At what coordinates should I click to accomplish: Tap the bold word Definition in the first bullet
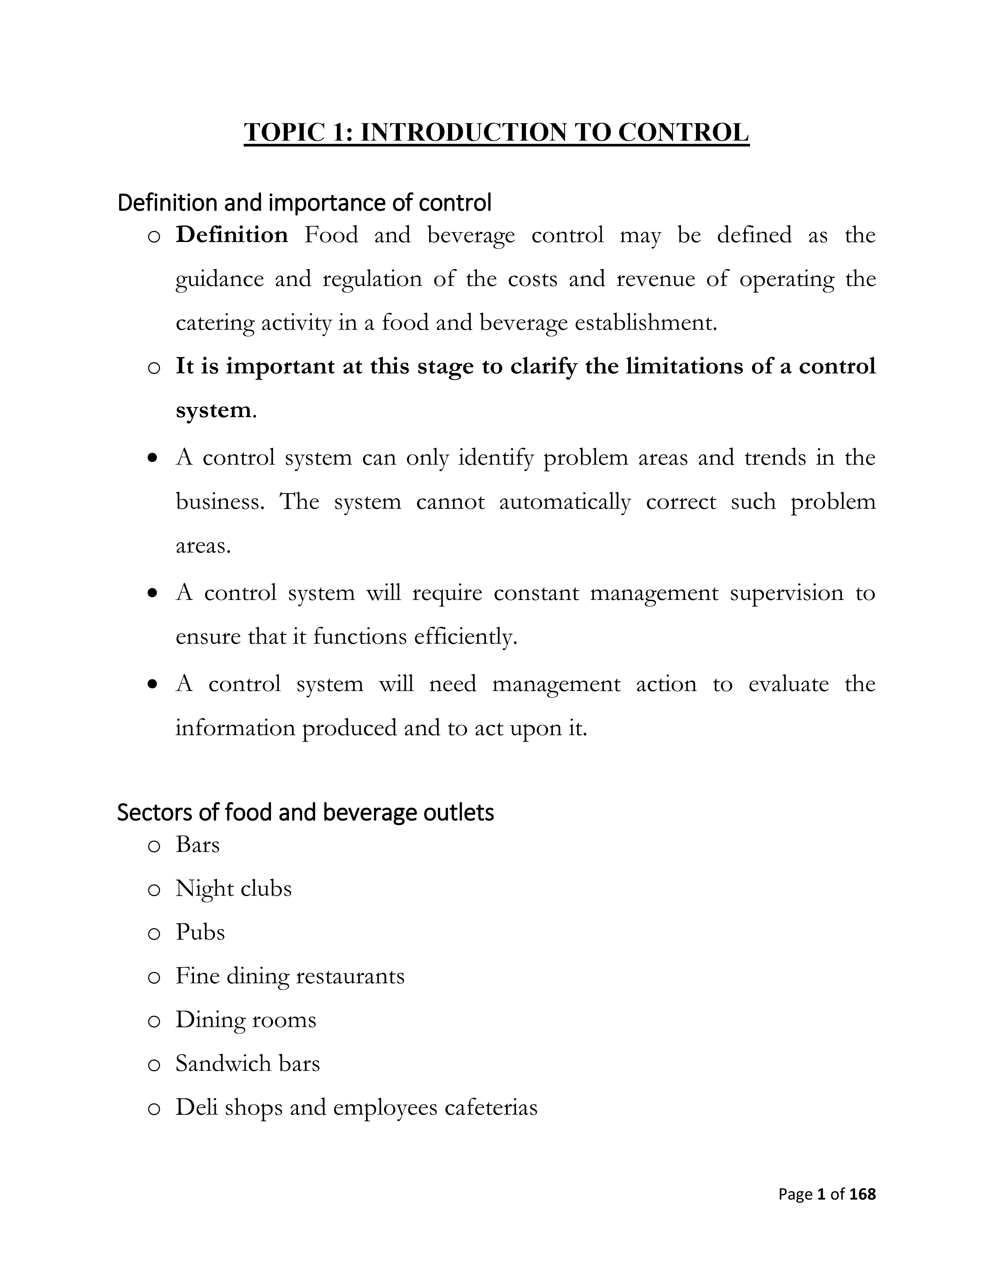[x=232, y=235]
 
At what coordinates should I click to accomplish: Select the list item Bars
[x=198, y=845]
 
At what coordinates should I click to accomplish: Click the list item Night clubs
[x=234, y=888]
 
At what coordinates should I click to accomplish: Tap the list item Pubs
[x=200, y=932]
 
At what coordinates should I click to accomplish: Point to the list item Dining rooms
[x=246, y=1020]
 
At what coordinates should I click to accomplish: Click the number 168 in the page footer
[x=863, y=1194]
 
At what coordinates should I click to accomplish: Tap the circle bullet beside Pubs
[x=154, y=933]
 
